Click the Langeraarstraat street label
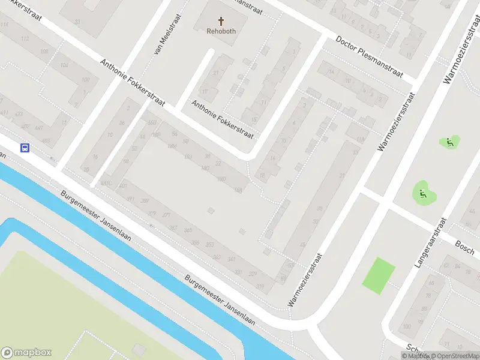pyautogui.click(x=431, y=242)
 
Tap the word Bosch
pyautogui.click(x=465, y=247)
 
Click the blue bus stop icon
pyautogui.click(x=25, y=148)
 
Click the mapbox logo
pyautogui.click(x=26, y=352)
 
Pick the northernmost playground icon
pyautogui.click(x=449, y=142)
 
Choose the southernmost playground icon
pyautogui.click(x=422, y=193)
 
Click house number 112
pyautogui.click(x=25, y=39)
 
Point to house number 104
pyautogui.click(x=64, y=65)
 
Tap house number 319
pyautogui.click(x=260, y=287)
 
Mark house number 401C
pyautogui.click(x=107, y=182)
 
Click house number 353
pyautogui.click(x=209, y=245)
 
